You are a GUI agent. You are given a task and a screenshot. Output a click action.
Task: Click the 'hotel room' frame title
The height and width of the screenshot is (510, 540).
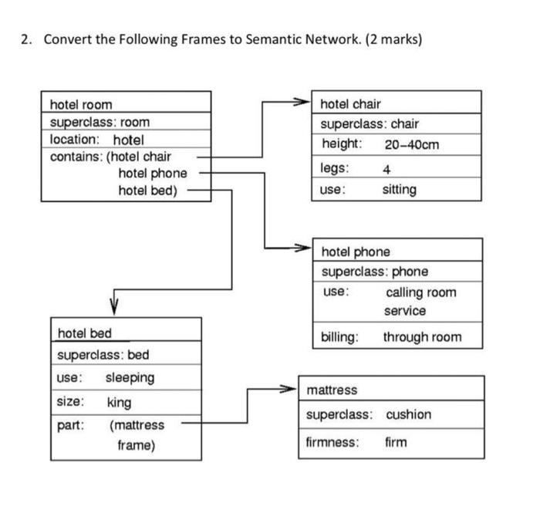pos(81,104)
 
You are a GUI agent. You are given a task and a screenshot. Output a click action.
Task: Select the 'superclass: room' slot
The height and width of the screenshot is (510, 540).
pos(100,122)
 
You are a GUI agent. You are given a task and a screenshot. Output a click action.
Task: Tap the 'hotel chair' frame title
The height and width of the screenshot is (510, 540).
pos(350,103)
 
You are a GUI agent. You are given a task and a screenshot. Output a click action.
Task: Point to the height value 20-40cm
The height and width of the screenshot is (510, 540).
pos(412,144)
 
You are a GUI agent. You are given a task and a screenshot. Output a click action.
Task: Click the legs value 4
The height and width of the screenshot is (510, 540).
pos(386,169)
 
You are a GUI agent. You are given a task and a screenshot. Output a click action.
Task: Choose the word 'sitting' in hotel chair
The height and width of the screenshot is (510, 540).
pos(399,190)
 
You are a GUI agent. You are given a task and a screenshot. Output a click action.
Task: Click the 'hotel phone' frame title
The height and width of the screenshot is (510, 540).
pos(356,252)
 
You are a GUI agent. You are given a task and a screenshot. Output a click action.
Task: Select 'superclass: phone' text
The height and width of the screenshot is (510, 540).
pos(375,272)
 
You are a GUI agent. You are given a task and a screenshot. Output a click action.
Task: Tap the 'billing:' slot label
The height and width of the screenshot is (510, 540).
pos(339,337)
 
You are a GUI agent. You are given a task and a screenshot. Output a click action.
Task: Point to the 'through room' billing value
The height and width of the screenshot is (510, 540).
pos(422,337)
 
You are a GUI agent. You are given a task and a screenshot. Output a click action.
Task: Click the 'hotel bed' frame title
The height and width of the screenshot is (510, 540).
pos(85,333)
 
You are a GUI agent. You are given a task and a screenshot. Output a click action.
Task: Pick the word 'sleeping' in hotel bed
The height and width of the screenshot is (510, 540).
pos(130,378)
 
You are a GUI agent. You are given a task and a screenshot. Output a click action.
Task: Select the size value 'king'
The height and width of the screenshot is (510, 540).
pos(119,402)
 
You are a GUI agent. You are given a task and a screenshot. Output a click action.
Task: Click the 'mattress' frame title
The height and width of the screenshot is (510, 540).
pos(332,390)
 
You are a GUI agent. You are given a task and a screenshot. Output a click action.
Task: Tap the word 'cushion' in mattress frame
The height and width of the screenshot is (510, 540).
pos(408,414)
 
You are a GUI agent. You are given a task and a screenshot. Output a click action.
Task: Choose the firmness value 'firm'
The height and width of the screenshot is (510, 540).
pos(396,442)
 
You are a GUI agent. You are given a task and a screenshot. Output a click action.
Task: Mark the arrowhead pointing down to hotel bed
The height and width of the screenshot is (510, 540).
pos(114,308)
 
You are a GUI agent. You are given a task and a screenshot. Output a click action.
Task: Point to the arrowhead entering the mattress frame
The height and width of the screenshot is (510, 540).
pos(292,389)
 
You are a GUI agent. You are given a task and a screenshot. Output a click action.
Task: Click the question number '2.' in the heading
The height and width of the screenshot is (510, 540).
pos(26,39)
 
